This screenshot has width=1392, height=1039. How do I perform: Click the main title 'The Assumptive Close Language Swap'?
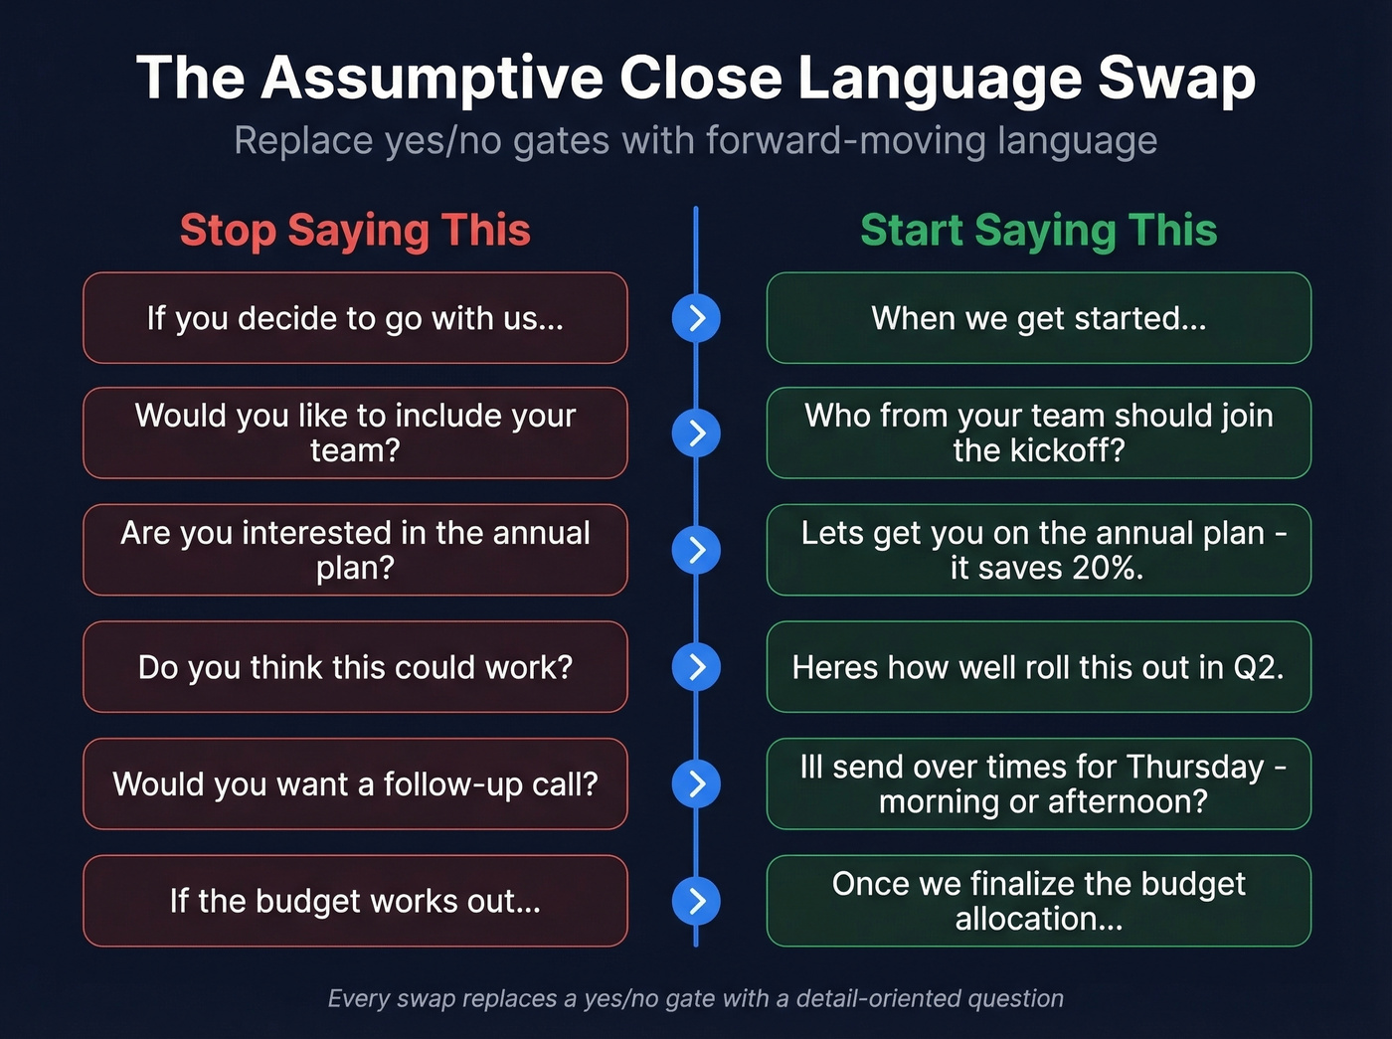696,78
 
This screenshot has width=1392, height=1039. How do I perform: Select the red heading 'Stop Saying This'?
355,230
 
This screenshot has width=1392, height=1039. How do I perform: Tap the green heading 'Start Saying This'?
1038,230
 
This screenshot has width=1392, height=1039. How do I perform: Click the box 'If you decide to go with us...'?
355,318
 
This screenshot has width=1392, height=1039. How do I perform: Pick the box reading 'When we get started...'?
1038,318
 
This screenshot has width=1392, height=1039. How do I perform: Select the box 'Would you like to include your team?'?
355,433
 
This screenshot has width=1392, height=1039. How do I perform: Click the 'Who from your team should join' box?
1038,433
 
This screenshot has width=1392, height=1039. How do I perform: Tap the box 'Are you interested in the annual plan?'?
355,550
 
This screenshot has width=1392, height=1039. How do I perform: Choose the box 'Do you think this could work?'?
355,667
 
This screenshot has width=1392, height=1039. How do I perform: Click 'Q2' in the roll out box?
1256,667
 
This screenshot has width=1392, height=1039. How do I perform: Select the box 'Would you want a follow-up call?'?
355,784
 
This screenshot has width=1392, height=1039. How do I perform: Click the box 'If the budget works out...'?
355,901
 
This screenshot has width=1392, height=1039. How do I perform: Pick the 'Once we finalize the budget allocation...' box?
1038,901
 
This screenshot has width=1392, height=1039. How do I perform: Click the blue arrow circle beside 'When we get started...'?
696,318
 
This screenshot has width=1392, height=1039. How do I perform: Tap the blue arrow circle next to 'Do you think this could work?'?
696,667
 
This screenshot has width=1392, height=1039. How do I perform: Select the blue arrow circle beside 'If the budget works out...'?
696,901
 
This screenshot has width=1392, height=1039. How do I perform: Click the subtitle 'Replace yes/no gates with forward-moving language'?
696,141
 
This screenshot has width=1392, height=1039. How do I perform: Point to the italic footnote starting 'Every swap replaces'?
696,998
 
